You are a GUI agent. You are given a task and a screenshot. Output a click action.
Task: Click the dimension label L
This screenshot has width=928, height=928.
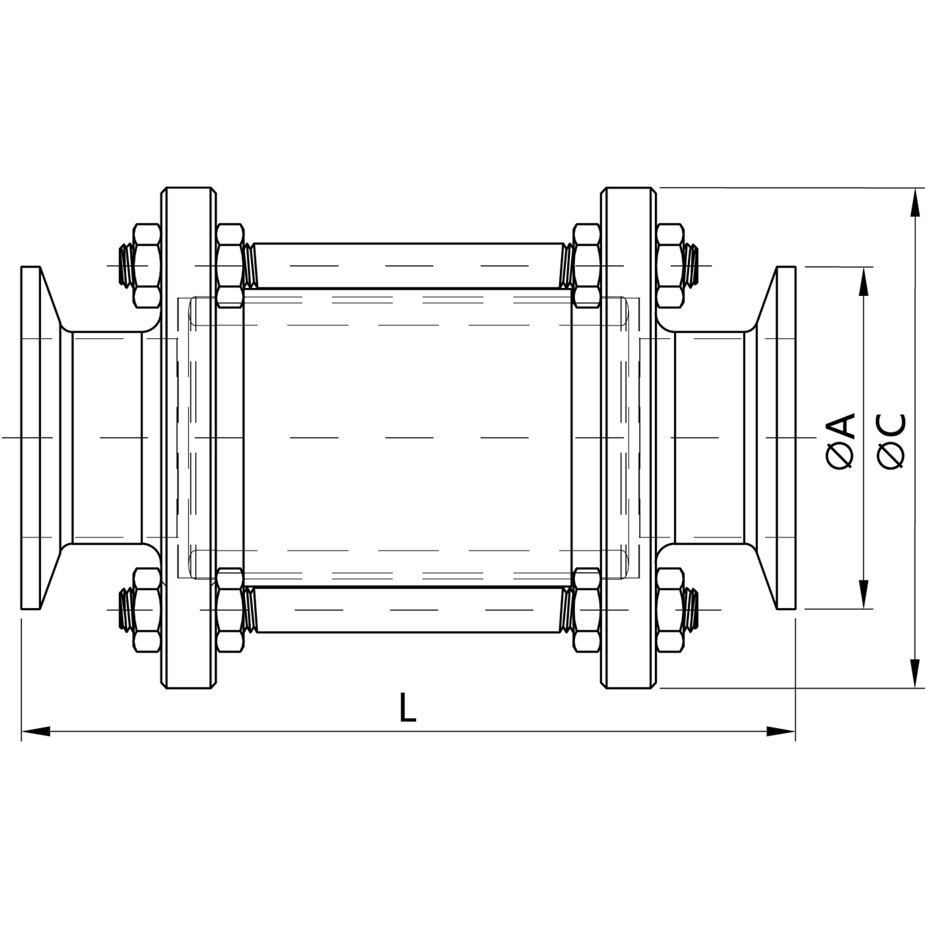click(x=407, y=708)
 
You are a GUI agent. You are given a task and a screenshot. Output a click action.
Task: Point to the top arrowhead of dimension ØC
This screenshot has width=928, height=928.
click(x=916, y=203)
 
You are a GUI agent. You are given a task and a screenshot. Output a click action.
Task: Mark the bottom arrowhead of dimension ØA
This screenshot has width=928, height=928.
click(x=864, y=595)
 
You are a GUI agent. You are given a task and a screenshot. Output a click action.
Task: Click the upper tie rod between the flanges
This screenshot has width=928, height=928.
click(x=408, y=266)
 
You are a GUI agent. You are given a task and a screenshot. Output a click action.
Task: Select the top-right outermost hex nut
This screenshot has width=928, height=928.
click(x=670, y=266)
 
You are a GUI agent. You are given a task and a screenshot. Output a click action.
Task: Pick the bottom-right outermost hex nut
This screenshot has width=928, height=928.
click(x=670, y=610)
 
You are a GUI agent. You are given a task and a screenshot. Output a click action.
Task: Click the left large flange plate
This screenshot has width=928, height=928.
click(x=188, y=438)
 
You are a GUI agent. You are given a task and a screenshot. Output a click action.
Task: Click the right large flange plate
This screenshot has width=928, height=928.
click(x=628, y=438)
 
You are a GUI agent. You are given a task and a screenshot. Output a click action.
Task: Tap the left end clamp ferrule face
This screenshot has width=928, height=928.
click(x=31, y=438)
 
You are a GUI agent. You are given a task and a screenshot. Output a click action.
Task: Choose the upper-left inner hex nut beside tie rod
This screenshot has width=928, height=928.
click(x=230, y=266)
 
